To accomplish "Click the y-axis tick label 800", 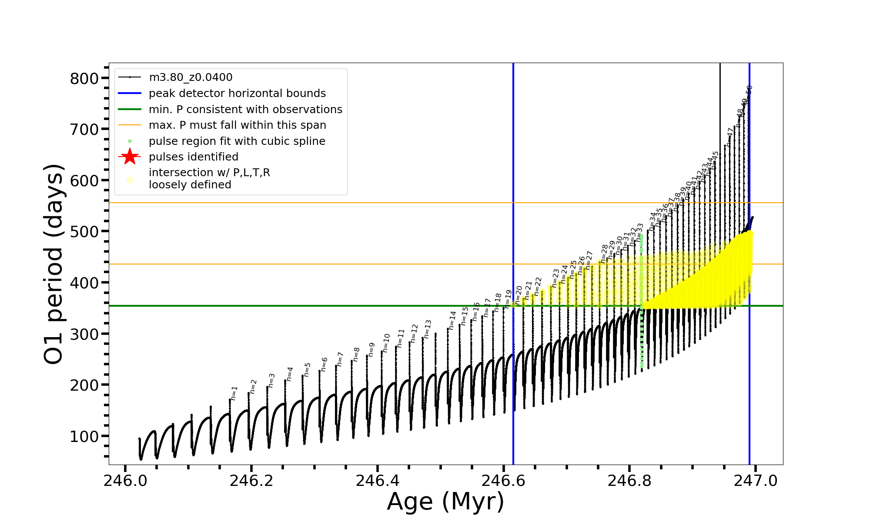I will coord(84,79).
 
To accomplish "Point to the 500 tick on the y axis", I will coord(84,231).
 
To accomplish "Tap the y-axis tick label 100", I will coord(84,436).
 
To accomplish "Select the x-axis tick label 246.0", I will coord(125,481).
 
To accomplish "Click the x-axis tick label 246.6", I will coord(503,481).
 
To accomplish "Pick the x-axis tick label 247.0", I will coord(756,481).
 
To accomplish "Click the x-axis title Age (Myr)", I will coord(445,502).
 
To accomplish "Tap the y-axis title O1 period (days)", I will coord(54,264).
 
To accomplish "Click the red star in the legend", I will coord(130,157).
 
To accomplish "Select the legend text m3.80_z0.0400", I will coord(191,77).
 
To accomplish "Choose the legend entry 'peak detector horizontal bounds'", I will coord(237,94).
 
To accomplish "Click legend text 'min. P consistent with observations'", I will coord(245,109).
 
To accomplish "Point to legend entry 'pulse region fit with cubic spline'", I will coord(237,141).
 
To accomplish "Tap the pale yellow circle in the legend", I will coord(130,180).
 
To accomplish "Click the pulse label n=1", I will coord(234,393).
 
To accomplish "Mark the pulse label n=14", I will coord(453,320).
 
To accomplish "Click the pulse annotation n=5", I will coord(307,369).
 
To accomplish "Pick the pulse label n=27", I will coord(589,260).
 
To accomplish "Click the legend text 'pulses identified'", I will coord(194,157).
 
